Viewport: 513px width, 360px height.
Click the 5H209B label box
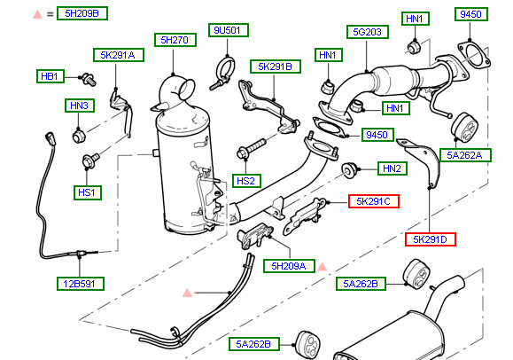(82, 13)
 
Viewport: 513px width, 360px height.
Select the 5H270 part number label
(175, 40)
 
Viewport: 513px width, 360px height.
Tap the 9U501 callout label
(229, 30)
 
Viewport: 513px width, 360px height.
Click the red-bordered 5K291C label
(374, 201)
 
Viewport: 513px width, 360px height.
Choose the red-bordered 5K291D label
(431, 239)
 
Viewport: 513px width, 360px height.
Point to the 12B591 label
(81, 284)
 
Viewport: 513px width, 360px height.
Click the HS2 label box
(246, 181)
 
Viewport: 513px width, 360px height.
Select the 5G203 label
(368, 32)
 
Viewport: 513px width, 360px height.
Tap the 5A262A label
(465, 155)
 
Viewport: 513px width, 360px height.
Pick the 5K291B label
(276, 67)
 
